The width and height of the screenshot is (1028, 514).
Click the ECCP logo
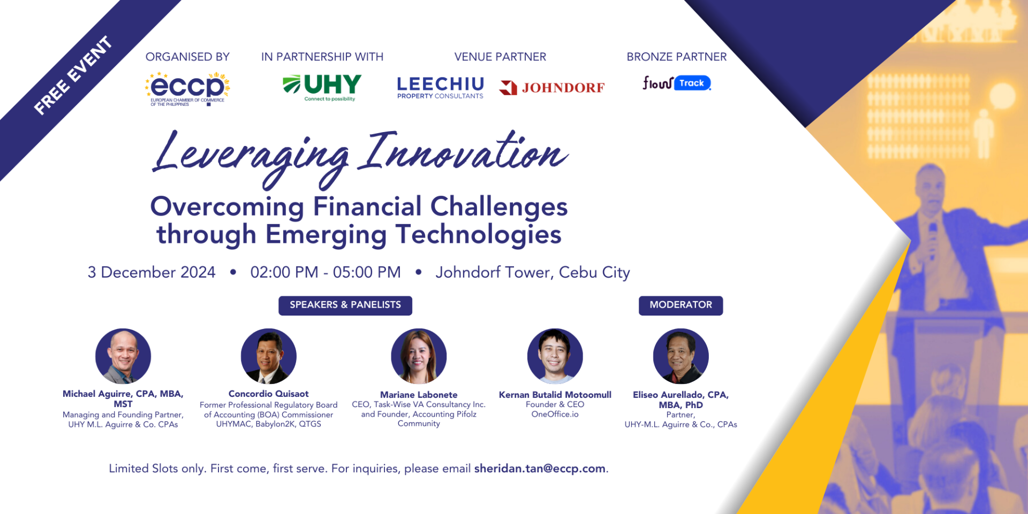pyautogui.click(x=187, y=89)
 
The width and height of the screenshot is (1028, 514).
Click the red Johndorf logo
pyautogui.click(x=551, y=88)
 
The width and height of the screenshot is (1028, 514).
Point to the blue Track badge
pyautogui.click(x=692, y=83)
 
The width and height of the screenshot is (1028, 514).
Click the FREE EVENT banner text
pyautogui.click(x=73, y=75)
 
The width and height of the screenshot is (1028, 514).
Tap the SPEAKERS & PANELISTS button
pyautogui.click(x=345, y=305)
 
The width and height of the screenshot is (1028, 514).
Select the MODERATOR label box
pyautogui.click(x=681, y=305)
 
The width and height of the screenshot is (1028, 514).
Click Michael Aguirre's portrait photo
pyautogui.click(x=123, y=356)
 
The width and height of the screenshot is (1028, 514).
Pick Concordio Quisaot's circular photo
pyautogui.click(x=269, y=356)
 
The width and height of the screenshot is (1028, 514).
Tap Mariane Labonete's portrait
pyautogui.click(x=419, y=356)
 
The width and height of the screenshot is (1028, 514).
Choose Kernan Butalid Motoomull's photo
pyautogui.click(x=555, y=356)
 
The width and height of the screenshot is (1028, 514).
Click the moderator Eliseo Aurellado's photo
pyautogui.click(x=681, y=356)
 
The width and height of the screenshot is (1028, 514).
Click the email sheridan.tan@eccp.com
pyautogui.click(x=540, y=469)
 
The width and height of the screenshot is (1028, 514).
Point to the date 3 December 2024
pyautogui.click(x=152, y=272)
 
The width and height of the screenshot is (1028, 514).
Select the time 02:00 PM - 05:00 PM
pyautogui.click(x=326, y=272)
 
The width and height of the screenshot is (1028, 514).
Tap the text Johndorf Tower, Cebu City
pyautogui.click(x=533, y=273)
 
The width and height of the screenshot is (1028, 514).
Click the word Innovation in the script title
pyautogui.click(x=464, y=152)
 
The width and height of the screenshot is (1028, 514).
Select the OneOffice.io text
pyautogui.click(x=555, y=414)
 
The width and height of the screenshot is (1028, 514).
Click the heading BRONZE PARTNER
pyautogui.click(x=677, y=57)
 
